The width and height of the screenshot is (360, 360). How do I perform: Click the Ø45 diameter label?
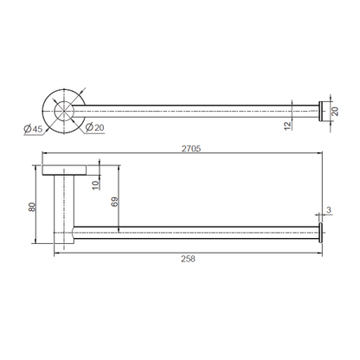point(33,129)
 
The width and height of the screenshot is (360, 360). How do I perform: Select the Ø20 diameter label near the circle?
point(95,127)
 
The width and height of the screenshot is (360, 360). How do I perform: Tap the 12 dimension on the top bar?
point(288,125)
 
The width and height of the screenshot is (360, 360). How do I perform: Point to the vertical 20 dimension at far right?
point(335,111)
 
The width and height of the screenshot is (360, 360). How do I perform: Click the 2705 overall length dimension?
point(191,149)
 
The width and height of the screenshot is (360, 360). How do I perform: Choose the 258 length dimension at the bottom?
point(188,259)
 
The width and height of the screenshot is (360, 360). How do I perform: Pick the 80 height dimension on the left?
point(32,207)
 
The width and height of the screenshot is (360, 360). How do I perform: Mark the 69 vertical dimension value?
point(114,202)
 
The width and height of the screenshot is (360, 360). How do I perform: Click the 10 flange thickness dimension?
point(95,185)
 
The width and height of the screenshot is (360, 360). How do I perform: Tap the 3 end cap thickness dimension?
point(329,210)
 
